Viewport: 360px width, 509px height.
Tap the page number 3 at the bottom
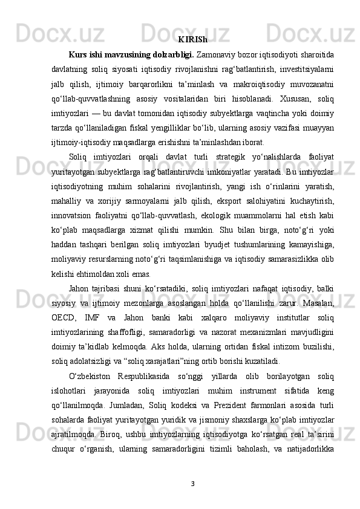(192, 483)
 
